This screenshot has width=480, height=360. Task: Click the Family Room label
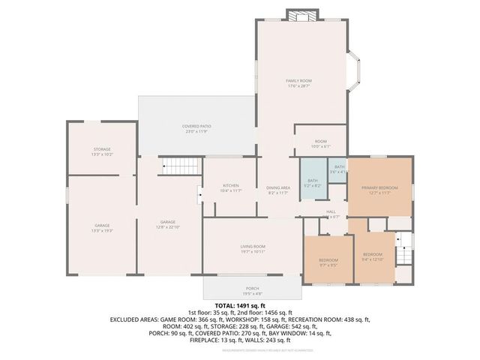pyautogui.click(x=298, y=83)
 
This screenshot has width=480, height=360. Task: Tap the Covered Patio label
pyautogui.click(x=196, y=128)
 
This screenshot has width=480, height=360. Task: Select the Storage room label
pyautogui.click(x=102, y=151)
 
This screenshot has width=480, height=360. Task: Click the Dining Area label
pyautogui.click(x=278, y=190)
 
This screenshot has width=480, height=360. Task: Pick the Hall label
pyautogui.click(x=331, y=214)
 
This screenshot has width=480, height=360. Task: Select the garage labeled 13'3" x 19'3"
pyautogui.click(x=102, y=227)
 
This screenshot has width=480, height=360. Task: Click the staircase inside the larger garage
pyautogui.click(x=179, y=166)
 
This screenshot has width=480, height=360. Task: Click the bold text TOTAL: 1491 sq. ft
pyautogui.click(x=240, y=306)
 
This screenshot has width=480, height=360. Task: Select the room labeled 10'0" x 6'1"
pyautogui.click(x=320, y=143)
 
